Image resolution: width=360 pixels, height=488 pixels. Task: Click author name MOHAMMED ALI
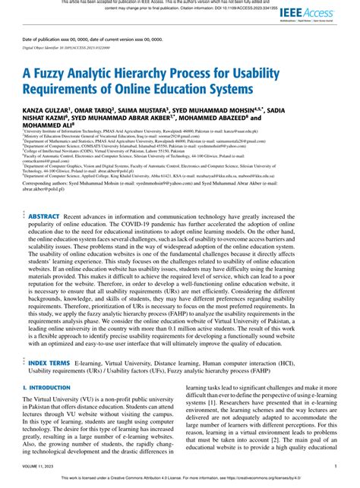pyautogui.click(x=48, y=127)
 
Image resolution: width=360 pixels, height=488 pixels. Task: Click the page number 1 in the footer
pyautogui.click(x=336, y=467)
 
